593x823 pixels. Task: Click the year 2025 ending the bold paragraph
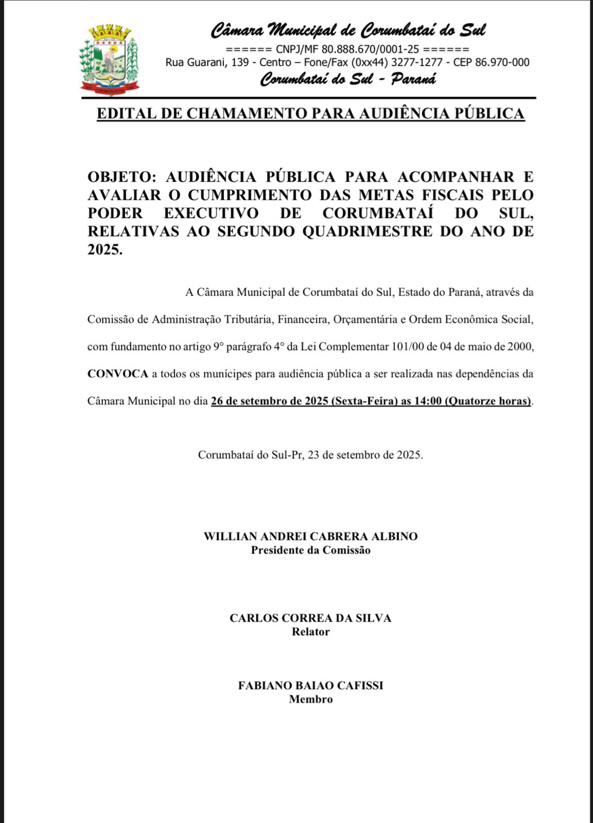coord(104,250)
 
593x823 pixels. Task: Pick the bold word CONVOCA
coord(118,374)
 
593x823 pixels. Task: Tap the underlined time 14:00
coord(428,401)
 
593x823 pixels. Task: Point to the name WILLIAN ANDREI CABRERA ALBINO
coord(310,536)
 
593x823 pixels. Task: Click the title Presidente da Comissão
coord(310,550)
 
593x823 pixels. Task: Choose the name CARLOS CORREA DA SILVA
coord(310,618)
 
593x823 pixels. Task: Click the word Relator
coord(310,632)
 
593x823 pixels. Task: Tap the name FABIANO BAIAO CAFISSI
coord(310,686)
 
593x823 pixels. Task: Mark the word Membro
coord(310,700)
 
